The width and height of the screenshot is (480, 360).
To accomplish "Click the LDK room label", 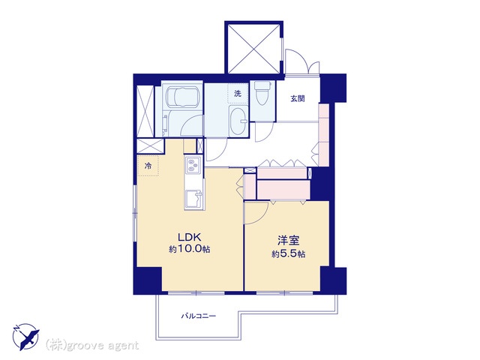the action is point(190,237).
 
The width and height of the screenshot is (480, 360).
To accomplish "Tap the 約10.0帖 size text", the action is point(190,249).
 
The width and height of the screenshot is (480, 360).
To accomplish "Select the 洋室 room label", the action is point(288,241).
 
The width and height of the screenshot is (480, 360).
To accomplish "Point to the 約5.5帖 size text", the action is point(288,253).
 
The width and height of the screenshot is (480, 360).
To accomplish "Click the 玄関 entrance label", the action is point(298,98).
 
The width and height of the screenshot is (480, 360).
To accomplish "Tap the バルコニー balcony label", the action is point(198,316).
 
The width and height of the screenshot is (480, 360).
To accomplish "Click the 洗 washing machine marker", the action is point(238,93).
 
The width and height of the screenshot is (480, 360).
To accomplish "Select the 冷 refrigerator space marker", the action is point(148,166).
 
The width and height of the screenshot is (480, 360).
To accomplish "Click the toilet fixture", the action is point(262,93).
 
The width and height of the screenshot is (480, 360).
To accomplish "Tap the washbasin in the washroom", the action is point(239,121).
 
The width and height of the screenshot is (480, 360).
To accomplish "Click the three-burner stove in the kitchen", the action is point(193,165).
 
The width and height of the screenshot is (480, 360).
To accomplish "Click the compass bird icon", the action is point(25,337).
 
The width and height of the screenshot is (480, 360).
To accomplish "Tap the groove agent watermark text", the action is point(92,346).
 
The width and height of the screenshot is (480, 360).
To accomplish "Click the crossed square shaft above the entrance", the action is point(253,48).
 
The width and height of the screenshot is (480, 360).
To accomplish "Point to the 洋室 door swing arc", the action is point(260,214).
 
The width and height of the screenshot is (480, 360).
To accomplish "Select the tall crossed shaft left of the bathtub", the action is point(145,111).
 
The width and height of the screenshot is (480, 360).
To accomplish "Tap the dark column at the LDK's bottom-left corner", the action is point(148,280).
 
